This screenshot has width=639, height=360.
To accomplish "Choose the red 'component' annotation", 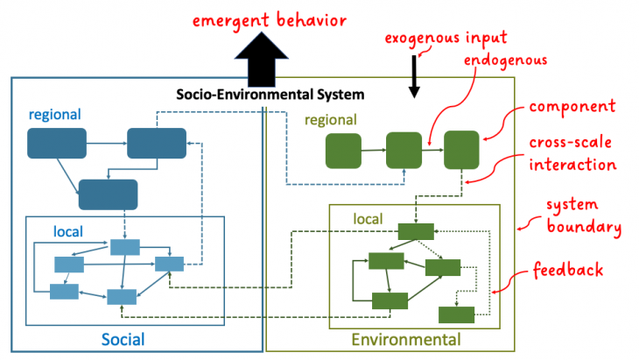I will [570, 106].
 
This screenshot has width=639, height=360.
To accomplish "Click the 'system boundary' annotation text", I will [584, 216].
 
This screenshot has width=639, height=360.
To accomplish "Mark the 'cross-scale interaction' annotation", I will [570, 153].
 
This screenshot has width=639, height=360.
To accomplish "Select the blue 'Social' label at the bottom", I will [123, 339].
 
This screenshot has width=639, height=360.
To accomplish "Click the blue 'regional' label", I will [54, 115].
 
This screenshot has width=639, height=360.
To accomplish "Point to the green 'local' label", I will [367, 216].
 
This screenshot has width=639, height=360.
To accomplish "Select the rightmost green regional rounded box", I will [460, 150].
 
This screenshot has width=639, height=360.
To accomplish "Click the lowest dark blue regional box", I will [108, 194].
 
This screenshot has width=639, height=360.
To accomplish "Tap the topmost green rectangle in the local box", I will [416, 231].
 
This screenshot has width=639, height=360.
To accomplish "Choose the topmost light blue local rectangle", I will [124, 246].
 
